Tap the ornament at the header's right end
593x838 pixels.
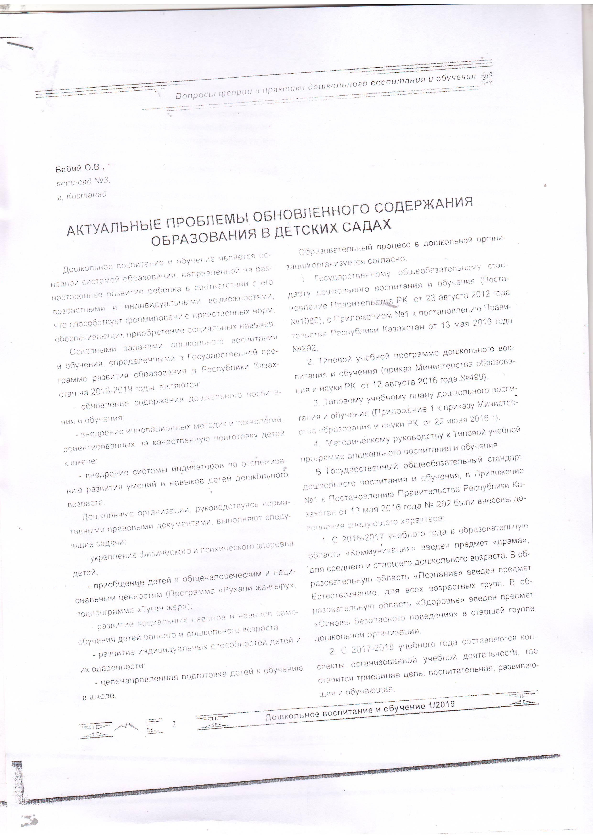coord(486,77)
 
